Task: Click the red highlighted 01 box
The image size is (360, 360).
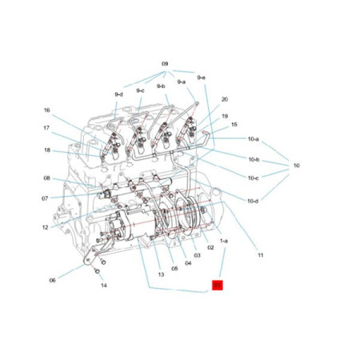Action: click(x=217, y=284)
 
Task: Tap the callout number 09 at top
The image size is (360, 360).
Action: click(x=166, y=63)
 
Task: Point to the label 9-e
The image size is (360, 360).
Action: click(x=202, y=78)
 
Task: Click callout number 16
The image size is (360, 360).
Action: click(x=47, y=110)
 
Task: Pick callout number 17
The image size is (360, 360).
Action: click(x=47, y=128)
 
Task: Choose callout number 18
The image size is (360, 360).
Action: click(x=47, y=150)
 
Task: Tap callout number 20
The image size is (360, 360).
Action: click(x=225, y=99)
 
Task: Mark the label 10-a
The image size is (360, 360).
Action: click(x=253, y=139)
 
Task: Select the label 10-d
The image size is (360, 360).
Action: click(x=253, y=200)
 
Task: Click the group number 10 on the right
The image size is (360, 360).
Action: click(x=295, y=166)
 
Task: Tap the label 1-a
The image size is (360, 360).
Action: click(x=224, y=239)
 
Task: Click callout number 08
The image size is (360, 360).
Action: click(x=47, y=178)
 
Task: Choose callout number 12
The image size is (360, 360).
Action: click(x=46, y=227)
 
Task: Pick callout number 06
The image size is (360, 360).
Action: click(x=53, y=280)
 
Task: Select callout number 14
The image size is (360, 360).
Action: click(x=103, y=285)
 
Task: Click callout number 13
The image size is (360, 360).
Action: click(x=161, y=274)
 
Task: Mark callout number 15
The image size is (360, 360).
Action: click(x=234, y=125)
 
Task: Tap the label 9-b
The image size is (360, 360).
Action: click(x=161, y=86)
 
